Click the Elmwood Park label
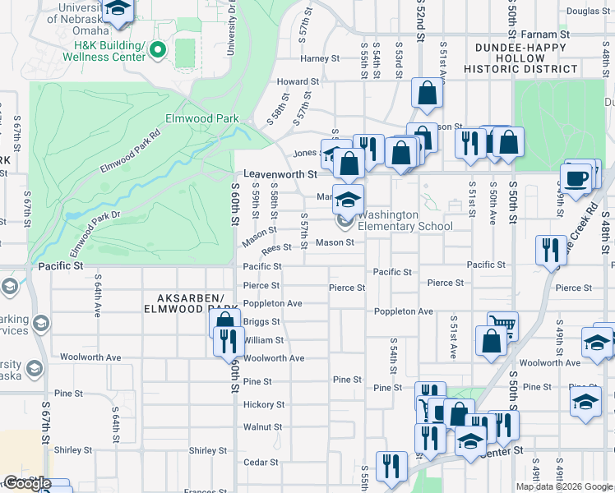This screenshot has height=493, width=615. pyautogui.click(x=201, y=118)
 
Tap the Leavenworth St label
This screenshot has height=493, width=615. pyautogui.click(x=280, y=174)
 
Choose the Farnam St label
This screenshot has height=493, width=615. pyautogui.click(x=546, y=35)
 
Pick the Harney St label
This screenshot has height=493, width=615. pyautogui.click(x=320, y=59)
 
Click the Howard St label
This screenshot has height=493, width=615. pyautogui.click(x=297, y=82)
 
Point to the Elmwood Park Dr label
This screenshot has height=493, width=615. pyautogui.click(x=95, y=233)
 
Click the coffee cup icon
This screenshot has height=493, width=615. pyautogui.click(x=576, y=179)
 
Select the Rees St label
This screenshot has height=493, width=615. pyautogui.click(x=276, y=247)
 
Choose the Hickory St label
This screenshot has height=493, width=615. pyautogui.click(x=263, y=405)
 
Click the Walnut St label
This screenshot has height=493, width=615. pyautogui.click(x=262, y=427)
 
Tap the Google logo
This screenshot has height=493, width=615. pyautogui.click(x=27, y=484)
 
